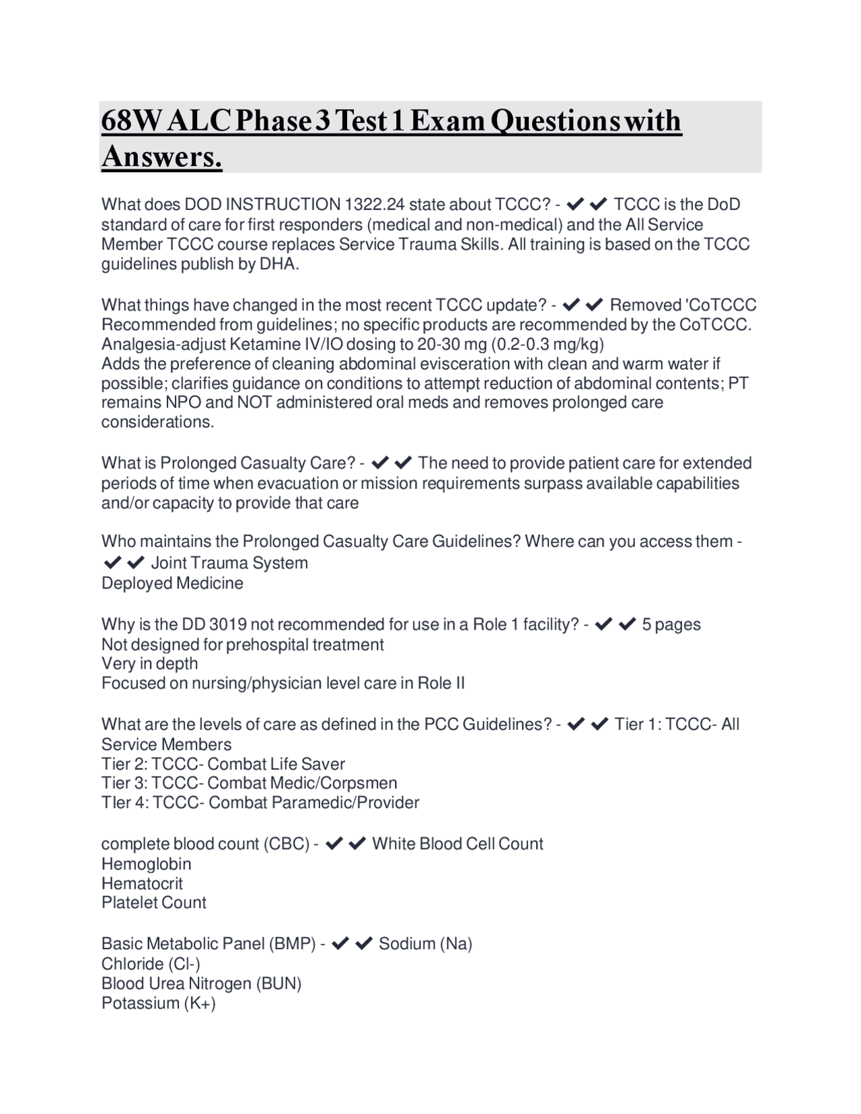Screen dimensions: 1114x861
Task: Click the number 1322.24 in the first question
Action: click(x=374, y=205)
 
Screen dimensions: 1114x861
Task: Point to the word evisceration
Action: click(x=459, y=364)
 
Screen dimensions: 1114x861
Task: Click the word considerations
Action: click(x=157, y=422)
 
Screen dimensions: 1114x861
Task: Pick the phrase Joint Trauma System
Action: click(x=229, y=563)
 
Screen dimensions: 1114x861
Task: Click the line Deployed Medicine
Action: click(x=172, y=583)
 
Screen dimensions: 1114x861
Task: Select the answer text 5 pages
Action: click(x=671, y=624)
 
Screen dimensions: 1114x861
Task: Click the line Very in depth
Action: click(x=149, y=663)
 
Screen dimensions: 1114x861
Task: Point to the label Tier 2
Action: click(x=124, y=764)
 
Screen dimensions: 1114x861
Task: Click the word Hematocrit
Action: click(x=142, y=883)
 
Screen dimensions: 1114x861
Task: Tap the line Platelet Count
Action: click(x=154, y=903)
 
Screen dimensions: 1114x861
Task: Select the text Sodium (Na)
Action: click(x=425, y=944)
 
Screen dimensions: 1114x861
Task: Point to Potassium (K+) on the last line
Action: click(x=159, y=1003)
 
